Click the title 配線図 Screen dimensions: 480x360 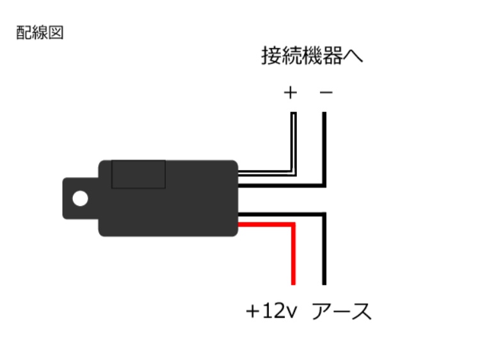click(40, 33)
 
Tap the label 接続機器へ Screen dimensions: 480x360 click(312, 56)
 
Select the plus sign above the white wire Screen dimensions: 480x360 click(290, 92)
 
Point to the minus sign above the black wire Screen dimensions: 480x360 click(326, 92)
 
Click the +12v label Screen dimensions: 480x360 click(271, 311)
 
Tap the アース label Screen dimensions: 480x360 click(342, 311)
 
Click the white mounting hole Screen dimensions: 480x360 click(80, 198)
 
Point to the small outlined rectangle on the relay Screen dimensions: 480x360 click(138, 174)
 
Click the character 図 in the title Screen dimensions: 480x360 click(56, 33)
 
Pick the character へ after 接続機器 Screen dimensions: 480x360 click(353, 56)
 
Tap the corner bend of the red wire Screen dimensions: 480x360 click(293, 225)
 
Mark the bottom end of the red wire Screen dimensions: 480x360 click(293, 285)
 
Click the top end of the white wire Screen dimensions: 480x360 click(293, 113)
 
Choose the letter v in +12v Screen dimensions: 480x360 click(292, 313)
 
